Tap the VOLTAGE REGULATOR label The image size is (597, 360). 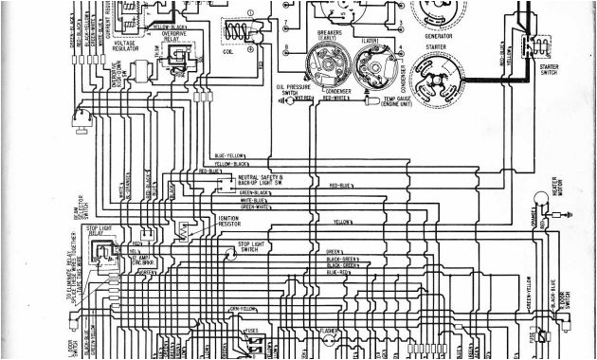[x=123, y=45]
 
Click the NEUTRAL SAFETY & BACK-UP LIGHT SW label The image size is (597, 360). [x=261, y=179]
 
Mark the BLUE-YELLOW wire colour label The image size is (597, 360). [x=229, y=154]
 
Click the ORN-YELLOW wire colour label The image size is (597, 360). [x=242, y=308]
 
